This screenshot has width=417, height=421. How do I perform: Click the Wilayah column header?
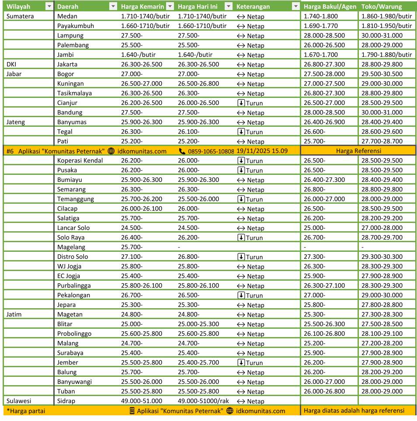(x=18, y=7)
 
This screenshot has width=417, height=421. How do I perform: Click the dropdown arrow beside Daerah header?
(x=113, y=7)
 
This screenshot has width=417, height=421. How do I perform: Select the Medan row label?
(x=67, y=16)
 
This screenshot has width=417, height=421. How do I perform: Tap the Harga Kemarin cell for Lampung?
(x=132, y=35)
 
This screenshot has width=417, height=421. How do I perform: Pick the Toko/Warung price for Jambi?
(x=386, y=55)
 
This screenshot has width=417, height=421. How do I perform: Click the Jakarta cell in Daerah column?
(x=67, y=64)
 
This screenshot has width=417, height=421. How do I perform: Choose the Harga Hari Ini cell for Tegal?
(x=188, y=132)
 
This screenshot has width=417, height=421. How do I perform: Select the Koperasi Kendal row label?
(x=80, y=160)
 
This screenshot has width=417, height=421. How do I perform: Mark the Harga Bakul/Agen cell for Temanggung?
(x=324, y=199)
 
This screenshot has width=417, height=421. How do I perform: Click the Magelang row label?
(x=71, y=247)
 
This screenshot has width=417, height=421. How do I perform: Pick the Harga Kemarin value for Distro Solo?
(x=132, y=257)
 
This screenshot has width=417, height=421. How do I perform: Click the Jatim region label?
(x=14, y=314)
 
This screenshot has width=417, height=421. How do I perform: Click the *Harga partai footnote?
(x=26, y=411)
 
